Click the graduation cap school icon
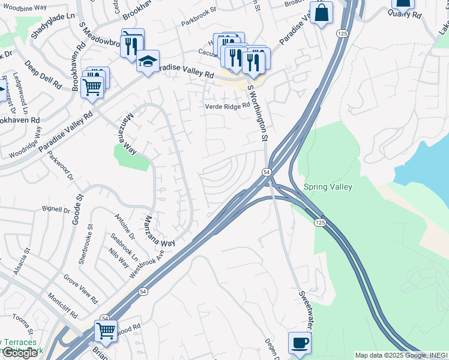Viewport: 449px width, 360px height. tap(147, 61)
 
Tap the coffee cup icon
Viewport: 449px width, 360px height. tap(300, 344)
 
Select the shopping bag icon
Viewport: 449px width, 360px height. tap(321, 13)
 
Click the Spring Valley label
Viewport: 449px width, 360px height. tap(328, 187)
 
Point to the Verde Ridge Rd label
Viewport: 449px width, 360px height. tap(227, 106)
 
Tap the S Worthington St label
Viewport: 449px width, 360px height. tap(258, 113)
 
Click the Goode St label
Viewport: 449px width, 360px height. tap(77, 209)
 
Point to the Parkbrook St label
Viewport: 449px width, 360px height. tap(199, 26)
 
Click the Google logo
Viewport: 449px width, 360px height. tap(20, 353)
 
